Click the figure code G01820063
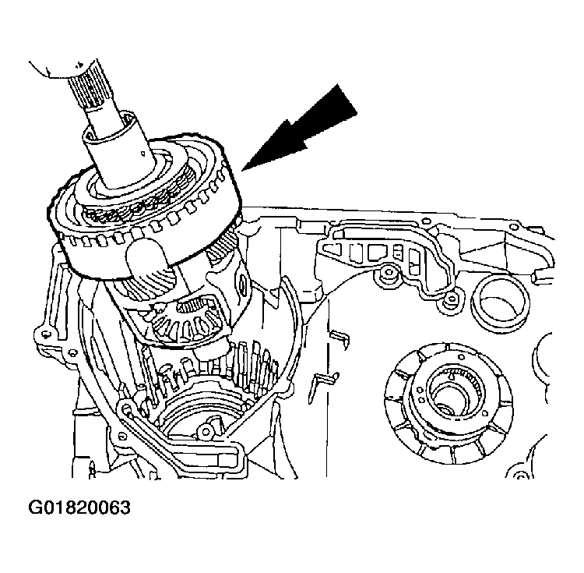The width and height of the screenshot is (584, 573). [79, 508]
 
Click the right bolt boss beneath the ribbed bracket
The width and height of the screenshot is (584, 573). [450, 301]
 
